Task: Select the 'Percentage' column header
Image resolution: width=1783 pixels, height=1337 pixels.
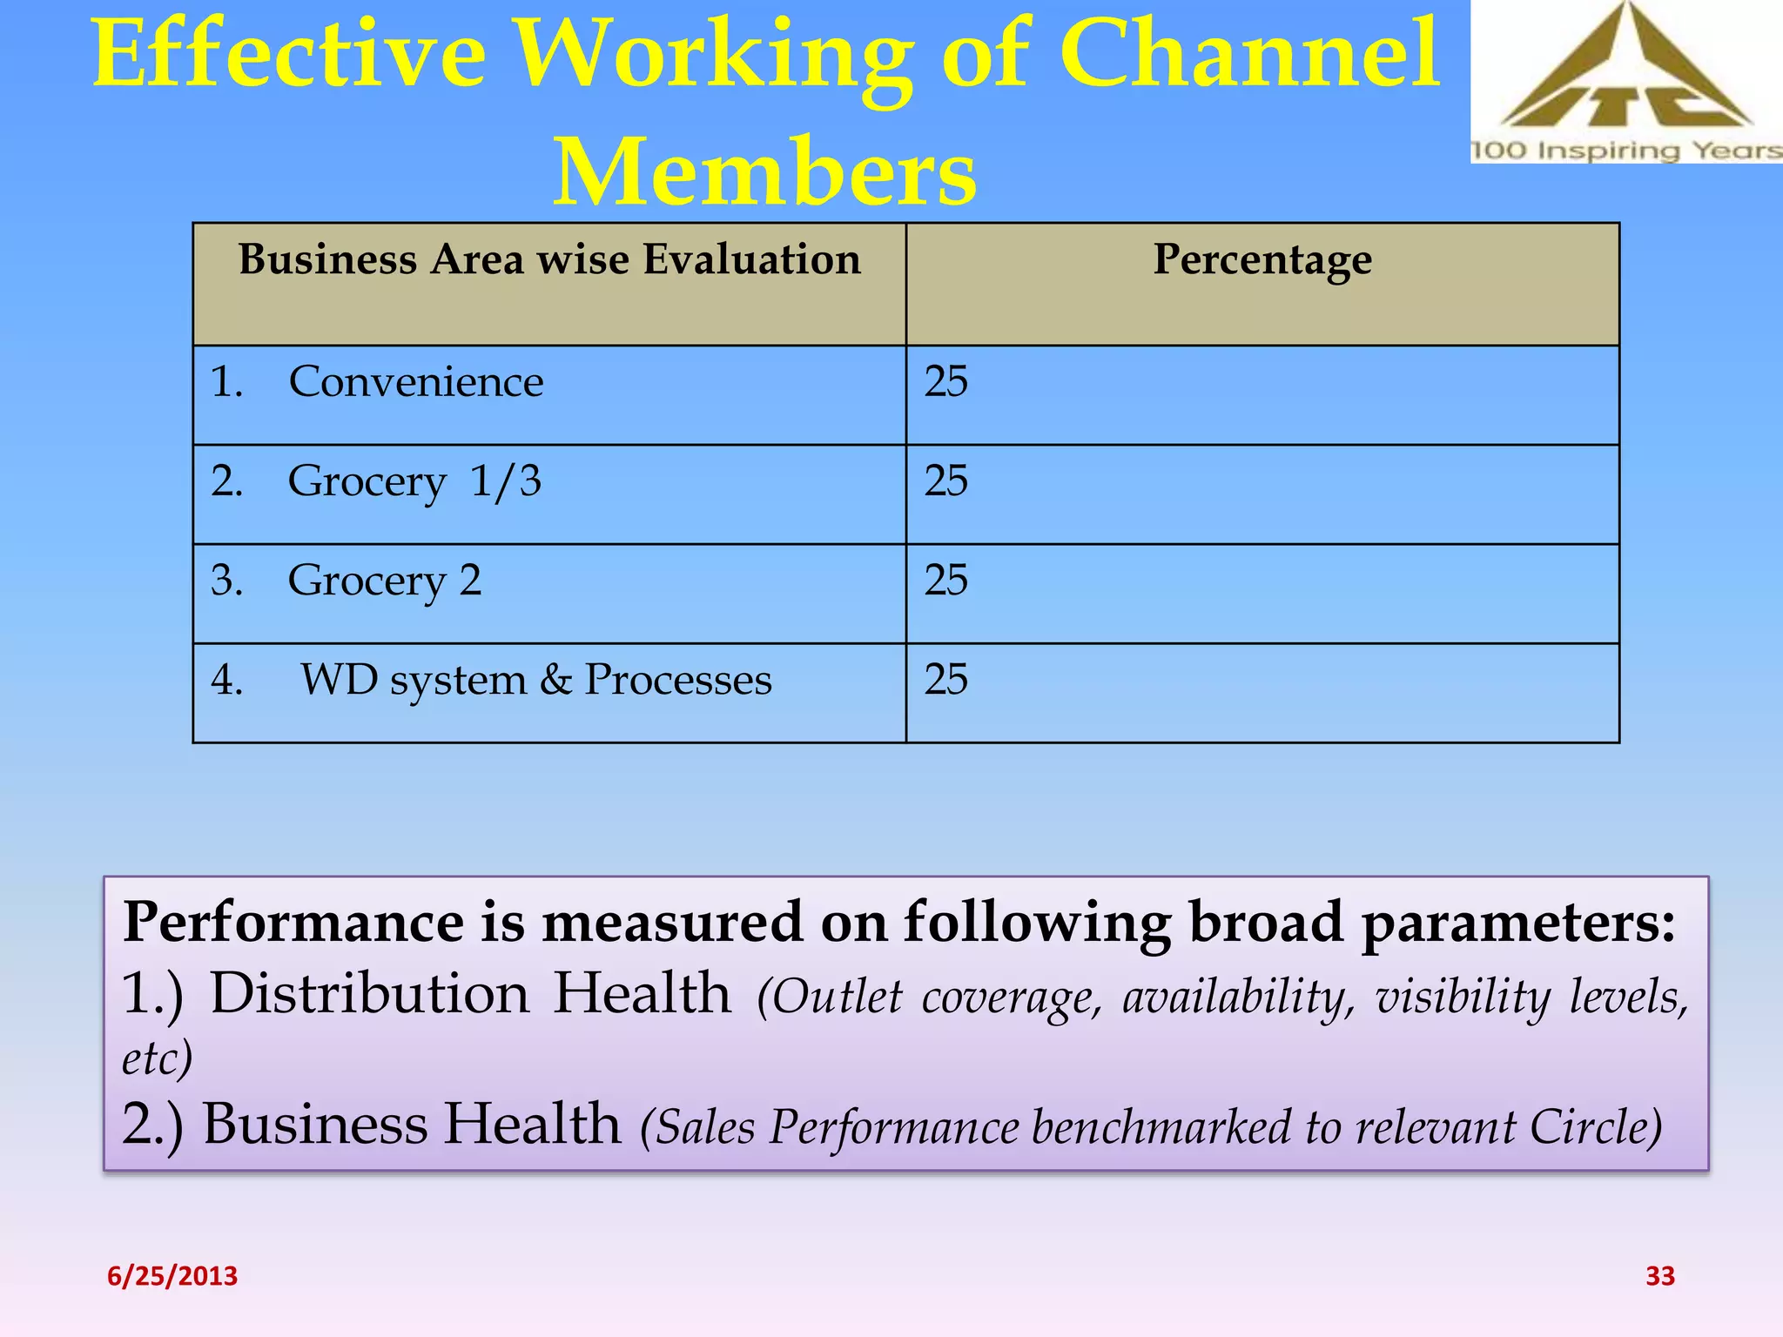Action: (1262, 259)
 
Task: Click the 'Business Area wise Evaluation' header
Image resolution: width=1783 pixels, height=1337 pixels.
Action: (549, 259)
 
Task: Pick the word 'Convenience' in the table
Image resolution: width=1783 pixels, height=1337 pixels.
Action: (416, 381)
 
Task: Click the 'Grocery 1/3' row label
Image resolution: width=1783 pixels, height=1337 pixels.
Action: (414, 481)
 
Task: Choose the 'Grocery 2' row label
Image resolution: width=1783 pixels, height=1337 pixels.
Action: (384, 581)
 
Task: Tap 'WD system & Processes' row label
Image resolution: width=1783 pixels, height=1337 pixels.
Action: (535, 680)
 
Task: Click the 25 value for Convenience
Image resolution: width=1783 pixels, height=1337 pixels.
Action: (945, 381)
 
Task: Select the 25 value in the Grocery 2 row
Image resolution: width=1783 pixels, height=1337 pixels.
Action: (945, 581)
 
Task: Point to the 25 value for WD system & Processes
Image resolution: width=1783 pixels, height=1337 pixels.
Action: (945, 680)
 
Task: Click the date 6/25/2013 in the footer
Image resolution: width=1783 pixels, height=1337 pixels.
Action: (172, 1276)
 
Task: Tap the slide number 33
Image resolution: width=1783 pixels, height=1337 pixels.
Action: (1659, 1276)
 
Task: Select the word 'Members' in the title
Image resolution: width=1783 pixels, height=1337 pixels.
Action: (764, 172)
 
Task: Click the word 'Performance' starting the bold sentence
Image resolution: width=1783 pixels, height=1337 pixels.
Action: (294, 923)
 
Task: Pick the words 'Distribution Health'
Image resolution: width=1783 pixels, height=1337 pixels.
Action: (470, 993)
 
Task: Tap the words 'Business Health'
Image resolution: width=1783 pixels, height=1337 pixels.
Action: (412, 1124)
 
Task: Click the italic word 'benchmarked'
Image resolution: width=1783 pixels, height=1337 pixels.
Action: (1162, 1128)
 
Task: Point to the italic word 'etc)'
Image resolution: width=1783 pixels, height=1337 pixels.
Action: (157, 1059)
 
